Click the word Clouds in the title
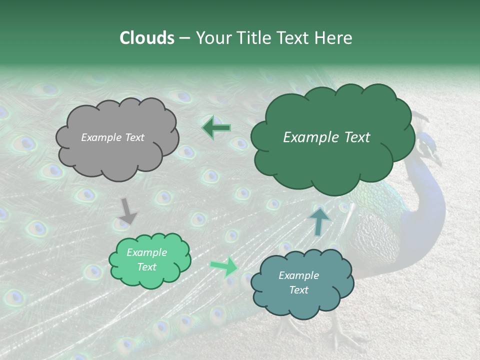tap(146, 38)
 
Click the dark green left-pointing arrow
tap(216, 128)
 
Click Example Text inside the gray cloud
tap(112, 137)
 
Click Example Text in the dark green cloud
tap(326, 137)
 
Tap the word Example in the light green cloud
tap(146, 252)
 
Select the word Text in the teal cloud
tap(299, 290)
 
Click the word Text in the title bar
tap(293, 38)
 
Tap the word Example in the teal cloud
tap(298, 275)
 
